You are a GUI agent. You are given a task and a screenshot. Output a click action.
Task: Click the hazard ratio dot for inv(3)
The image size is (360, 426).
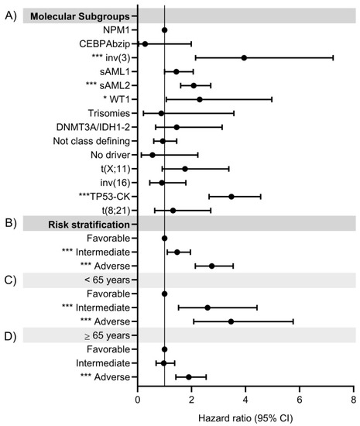click(x=245, y=57)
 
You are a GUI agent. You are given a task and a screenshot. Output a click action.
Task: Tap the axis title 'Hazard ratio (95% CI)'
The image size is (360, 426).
click(x=245, y=418)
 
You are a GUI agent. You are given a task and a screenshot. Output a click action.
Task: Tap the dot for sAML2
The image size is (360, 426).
click(x=194, y=85)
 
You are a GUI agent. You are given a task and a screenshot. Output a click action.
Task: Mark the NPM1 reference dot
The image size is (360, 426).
click(x=164, y=29)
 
